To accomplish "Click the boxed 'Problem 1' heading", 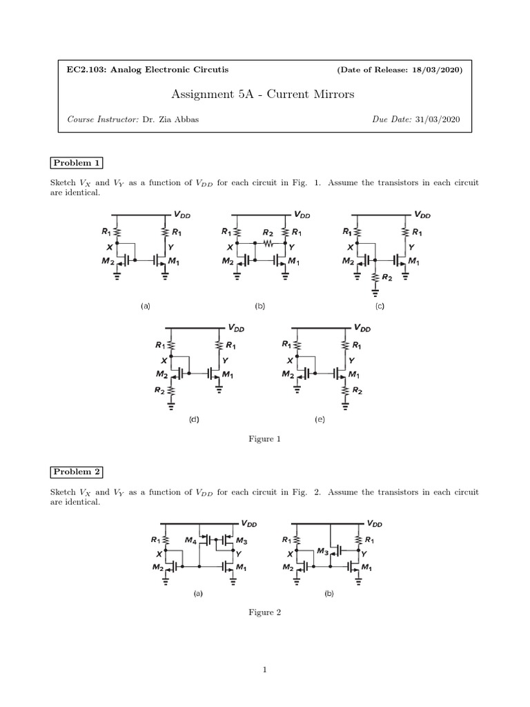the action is [x=77, y=163].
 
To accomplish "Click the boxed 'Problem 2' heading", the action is [x=77, y=472].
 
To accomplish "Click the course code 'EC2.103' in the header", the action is [x=82, y=70].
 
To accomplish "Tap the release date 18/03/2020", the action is [x=439, y=70].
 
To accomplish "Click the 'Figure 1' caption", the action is [x=265, y=439].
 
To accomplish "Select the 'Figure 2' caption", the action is [x=265, y=612].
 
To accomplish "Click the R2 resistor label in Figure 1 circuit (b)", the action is [x=267, y=233].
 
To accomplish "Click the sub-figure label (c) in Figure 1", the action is [x=380, y=305].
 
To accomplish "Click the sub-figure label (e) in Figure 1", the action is [x=320, y=419].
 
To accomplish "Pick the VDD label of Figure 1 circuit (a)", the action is [x=183, y=215].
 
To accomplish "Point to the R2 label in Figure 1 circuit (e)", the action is [x=357, y=390].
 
